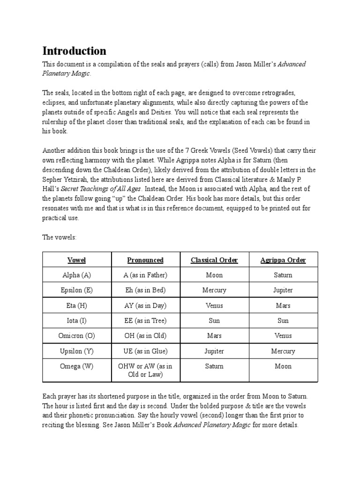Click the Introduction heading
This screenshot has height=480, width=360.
click(75, 51)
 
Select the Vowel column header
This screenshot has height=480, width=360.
click(77, 260)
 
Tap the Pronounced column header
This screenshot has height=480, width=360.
click(145, 260)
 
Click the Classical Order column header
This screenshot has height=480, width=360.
click(214, 260)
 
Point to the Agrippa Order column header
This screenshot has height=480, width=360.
click(283, 260)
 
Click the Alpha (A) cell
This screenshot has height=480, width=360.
click(77, 275)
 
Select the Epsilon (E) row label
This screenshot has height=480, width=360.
click(77, 290)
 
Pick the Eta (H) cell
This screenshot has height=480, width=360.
click(77, 306)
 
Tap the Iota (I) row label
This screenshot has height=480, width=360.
click(77, 321)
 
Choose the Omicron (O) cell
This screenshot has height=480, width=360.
click(77, 336)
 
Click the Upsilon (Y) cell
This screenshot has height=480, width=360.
click(77, 351)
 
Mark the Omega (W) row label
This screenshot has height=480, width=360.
click(77, 367)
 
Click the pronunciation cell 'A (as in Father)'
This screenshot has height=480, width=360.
click(145, 275)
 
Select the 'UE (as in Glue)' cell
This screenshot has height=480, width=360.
click(145, 351)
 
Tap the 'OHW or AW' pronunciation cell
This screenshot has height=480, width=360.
click(145, 371)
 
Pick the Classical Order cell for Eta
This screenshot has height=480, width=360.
click(214, 306)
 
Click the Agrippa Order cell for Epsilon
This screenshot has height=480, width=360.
click(283, 290)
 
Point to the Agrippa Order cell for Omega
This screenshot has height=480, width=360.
click(283, 367)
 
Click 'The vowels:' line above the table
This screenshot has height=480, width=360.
click(59, 238)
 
